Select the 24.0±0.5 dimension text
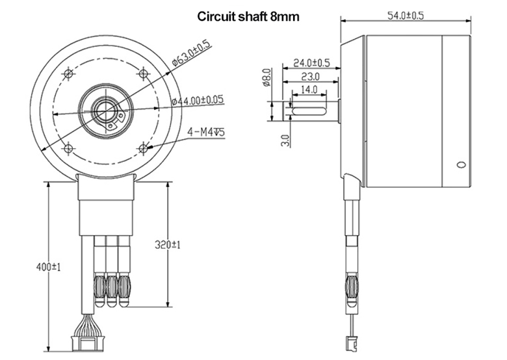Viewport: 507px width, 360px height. [311, 63]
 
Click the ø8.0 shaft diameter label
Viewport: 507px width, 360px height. [266, 77]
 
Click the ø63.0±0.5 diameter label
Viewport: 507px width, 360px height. [191, 53]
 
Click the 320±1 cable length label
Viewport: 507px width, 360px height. [166, 245]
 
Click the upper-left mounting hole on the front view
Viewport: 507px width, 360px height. [69, 75]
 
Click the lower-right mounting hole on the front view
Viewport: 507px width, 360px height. [144, 149]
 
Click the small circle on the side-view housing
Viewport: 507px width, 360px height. [461, 163]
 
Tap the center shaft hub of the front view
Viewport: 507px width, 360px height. [106, 111]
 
